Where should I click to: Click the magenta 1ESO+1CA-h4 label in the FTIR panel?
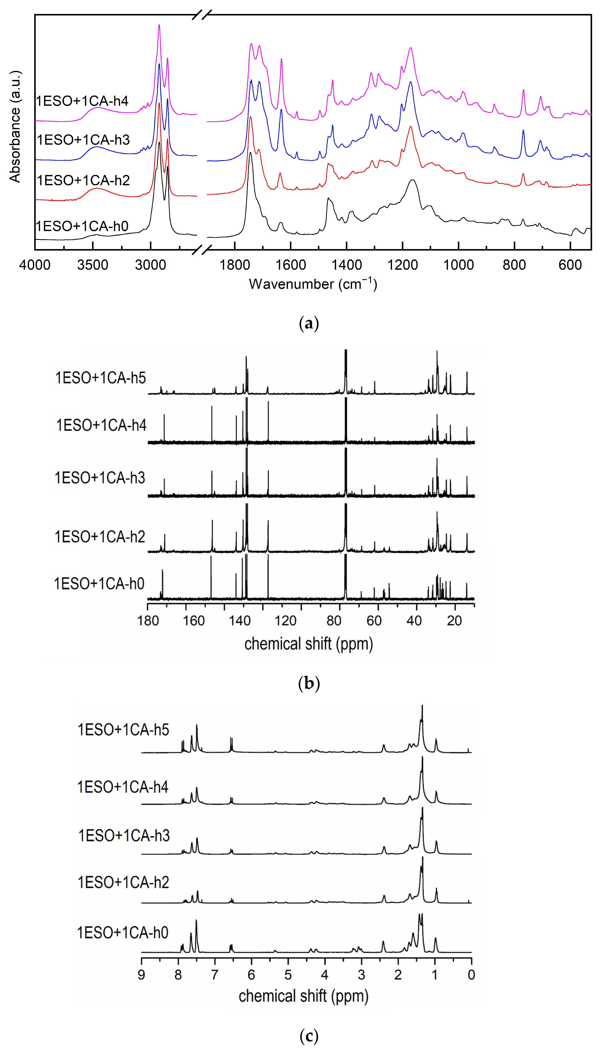82,101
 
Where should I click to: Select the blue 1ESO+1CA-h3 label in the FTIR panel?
83,140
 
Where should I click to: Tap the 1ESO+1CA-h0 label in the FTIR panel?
82,226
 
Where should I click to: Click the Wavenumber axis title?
313,284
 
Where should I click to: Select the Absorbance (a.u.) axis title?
15,126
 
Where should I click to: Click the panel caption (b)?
309,683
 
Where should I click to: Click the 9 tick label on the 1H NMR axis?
141,974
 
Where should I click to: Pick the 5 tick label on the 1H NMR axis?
288,974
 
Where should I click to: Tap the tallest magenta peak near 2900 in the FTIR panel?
159,26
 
